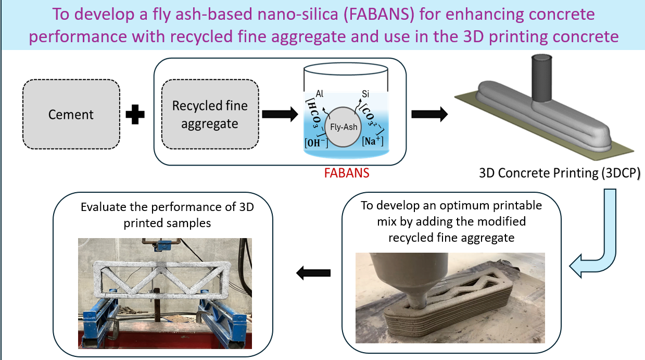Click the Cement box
71,114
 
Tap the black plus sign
135,114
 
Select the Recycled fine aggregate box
210,114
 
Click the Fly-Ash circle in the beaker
343,127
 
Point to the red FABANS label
347,173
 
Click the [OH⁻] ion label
316,142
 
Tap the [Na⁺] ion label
373,141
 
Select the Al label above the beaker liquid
320,94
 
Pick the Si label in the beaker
365,94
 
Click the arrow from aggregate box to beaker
280,114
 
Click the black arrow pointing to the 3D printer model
429,114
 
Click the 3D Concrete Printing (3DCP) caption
560,173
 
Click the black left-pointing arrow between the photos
313,272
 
